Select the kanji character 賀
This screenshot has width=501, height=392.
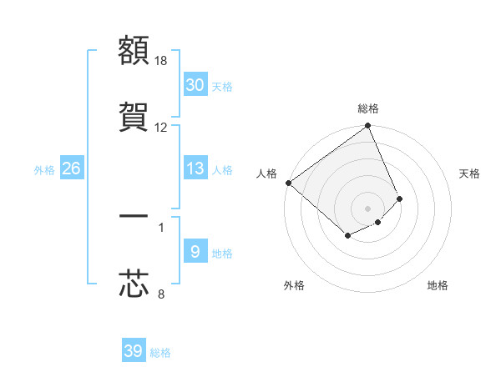click(134, 116)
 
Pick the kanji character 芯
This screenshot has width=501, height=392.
click(134, 283)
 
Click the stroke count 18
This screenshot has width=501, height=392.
click(161, 61)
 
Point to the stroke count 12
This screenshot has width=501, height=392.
click(161, 127)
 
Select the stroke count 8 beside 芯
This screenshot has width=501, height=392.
click(161, 294)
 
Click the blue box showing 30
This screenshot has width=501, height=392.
click(195, 85)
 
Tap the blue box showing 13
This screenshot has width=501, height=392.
click(195, 169)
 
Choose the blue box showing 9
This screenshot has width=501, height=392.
click(195, 252)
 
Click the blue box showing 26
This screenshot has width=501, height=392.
click(71, 169)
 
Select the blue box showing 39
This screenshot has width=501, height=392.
click(133, 352)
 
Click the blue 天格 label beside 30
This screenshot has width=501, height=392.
click(222, 86)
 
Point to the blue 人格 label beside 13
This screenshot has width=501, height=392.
click(222, 170)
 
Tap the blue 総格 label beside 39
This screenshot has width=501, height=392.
click(160, 353)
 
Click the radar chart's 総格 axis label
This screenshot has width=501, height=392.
click(368, 108)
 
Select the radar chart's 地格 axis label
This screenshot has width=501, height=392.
click(438, 285)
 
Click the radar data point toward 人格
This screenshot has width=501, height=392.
click(288, 183)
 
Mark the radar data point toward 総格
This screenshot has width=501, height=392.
click(368, 127)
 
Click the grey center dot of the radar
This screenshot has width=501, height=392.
click(367, 208)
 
